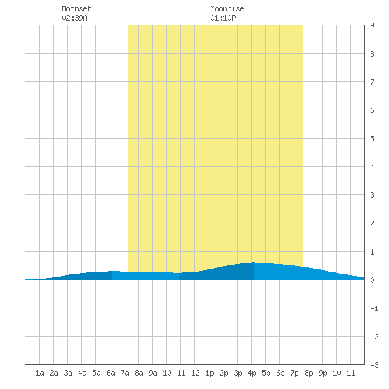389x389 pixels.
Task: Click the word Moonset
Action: point(76,8)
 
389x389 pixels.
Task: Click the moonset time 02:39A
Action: point(74,18)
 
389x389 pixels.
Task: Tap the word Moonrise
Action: point(227,8)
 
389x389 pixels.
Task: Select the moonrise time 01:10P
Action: point(223,18)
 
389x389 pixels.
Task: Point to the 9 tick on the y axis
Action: point(372,25)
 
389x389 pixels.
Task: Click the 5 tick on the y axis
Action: point(372,139)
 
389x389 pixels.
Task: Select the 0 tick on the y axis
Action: point(372,280)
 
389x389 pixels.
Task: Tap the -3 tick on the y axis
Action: point(374,365)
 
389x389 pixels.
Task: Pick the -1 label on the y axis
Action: point(374,308)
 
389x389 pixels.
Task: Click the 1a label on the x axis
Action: point(40,373)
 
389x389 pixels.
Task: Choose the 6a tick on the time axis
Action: point(110,373)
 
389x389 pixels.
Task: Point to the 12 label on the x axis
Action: point(195,373)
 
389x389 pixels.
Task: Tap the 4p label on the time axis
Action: point(252,373)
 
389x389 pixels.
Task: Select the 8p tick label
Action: point(308,373)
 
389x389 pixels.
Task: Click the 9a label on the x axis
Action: point(153,373)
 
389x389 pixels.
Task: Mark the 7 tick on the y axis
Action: point(372,82)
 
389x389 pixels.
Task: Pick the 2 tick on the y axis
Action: point(372,223)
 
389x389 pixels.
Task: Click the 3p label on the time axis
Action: point(238,373)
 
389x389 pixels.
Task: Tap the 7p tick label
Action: point(294,373)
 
